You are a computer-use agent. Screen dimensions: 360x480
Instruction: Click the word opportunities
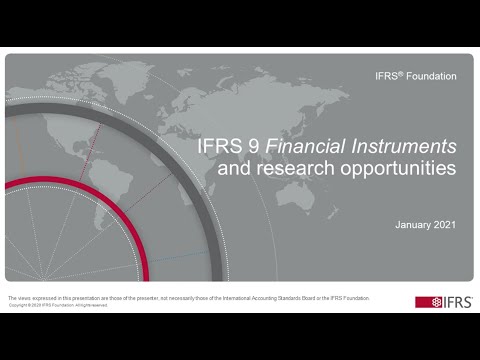click(397, 171)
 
